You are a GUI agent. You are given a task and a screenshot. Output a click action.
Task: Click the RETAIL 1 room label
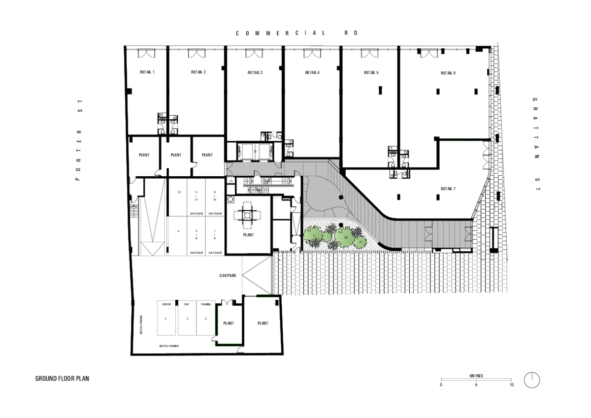(147, 72)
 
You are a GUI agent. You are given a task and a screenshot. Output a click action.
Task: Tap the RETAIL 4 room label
(312, 73)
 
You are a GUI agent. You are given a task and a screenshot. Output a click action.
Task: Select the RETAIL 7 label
(448, 189)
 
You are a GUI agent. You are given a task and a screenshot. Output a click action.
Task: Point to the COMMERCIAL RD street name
(296, 33)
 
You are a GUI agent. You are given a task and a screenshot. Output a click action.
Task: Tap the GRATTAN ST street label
(535, 144)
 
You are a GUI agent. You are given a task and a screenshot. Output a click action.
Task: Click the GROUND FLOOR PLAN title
(62, 379)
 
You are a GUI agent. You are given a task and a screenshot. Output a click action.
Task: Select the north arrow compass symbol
(532, 380)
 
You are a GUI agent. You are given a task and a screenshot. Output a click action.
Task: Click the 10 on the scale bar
(512, 385)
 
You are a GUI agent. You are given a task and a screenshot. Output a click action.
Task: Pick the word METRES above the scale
(476, 376)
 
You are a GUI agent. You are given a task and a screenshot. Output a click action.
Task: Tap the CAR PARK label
(228, 276)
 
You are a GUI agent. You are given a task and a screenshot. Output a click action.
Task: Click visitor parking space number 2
(187, 319)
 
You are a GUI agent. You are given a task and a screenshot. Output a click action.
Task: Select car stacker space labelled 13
(179, 192)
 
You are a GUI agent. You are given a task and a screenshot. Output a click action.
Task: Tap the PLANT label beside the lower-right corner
(263, 323)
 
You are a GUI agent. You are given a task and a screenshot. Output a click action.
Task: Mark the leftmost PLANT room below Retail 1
(144, 155)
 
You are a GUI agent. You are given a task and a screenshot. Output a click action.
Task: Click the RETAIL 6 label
(448, 73)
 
